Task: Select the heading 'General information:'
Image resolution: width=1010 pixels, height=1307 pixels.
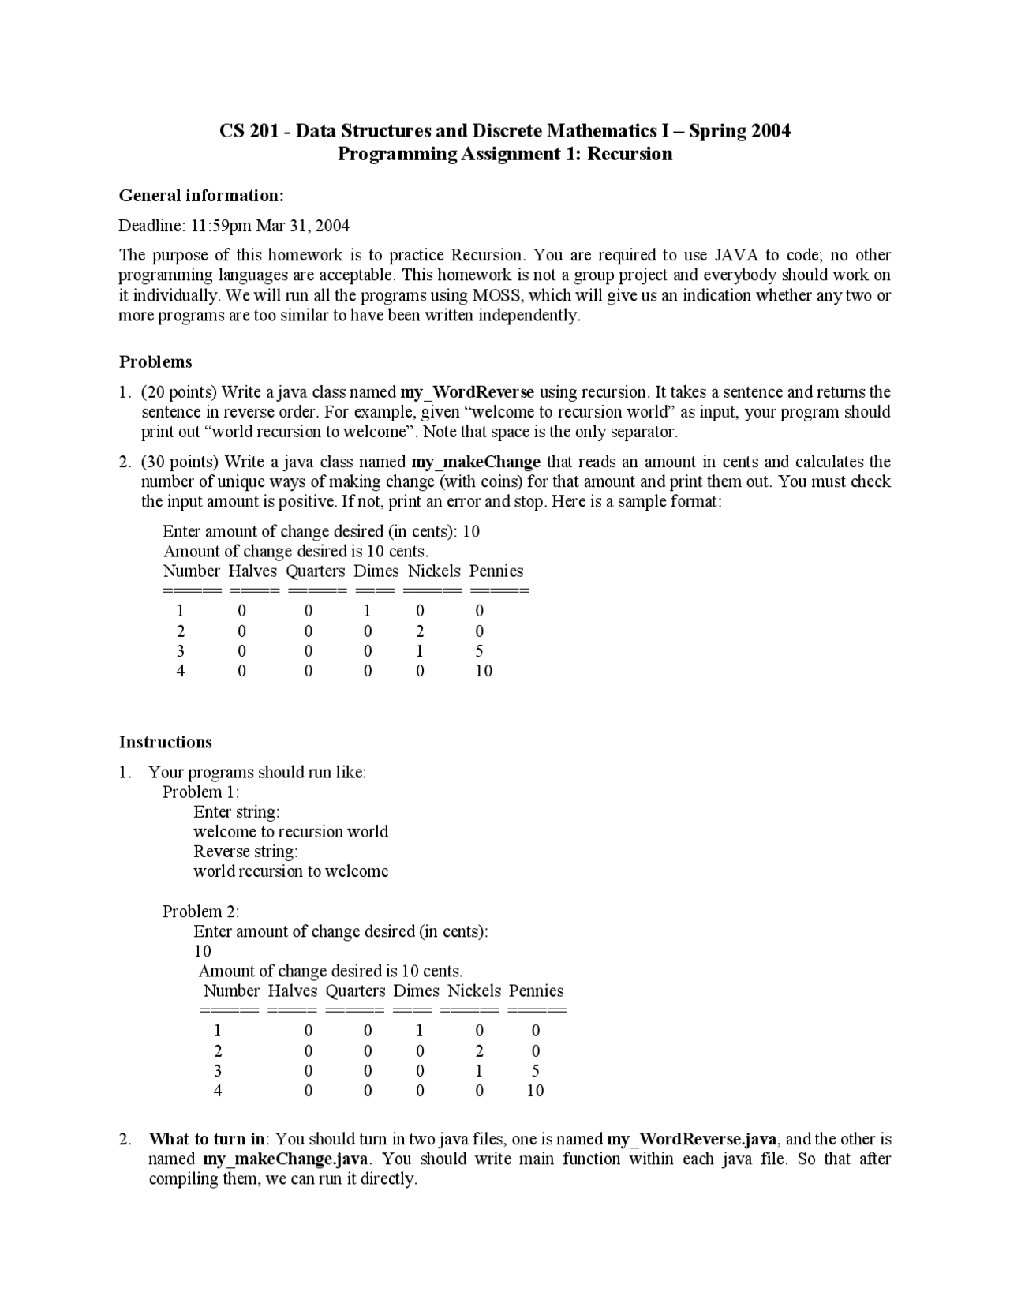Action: (201, 196)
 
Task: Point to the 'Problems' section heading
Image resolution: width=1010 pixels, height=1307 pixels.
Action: (155, 362)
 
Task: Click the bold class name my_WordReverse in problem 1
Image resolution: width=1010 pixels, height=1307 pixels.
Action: (467, 392)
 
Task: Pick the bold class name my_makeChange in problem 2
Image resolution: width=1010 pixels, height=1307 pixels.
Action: (476, 462)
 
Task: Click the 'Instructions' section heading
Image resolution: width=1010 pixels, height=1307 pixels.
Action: (165, 743)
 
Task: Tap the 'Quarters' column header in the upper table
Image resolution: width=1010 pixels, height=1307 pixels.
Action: (316, 571)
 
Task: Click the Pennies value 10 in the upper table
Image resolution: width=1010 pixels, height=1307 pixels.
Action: (484, 671)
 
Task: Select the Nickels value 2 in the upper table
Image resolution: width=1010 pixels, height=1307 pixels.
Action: (420, 631)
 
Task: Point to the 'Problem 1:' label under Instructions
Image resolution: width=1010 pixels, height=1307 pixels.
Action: (200, 792)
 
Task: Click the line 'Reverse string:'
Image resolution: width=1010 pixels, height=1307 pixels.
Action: (245, 852)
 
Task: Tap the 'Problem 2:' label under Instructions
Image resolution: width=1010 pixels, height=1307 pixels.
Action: (200, 912)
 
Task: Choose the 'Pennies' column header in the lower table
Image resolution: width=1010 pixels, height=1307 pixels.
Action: (536, 991)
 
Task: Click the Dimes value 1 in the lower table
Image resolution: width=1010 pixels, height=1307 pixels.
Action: (420, 1031)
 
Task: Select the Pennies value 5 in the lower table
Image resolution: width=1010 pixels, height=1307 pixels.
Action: (536, 1071)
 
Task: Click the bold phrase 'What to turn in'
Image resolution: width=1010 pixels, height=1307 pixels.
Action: (207, 1139)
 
